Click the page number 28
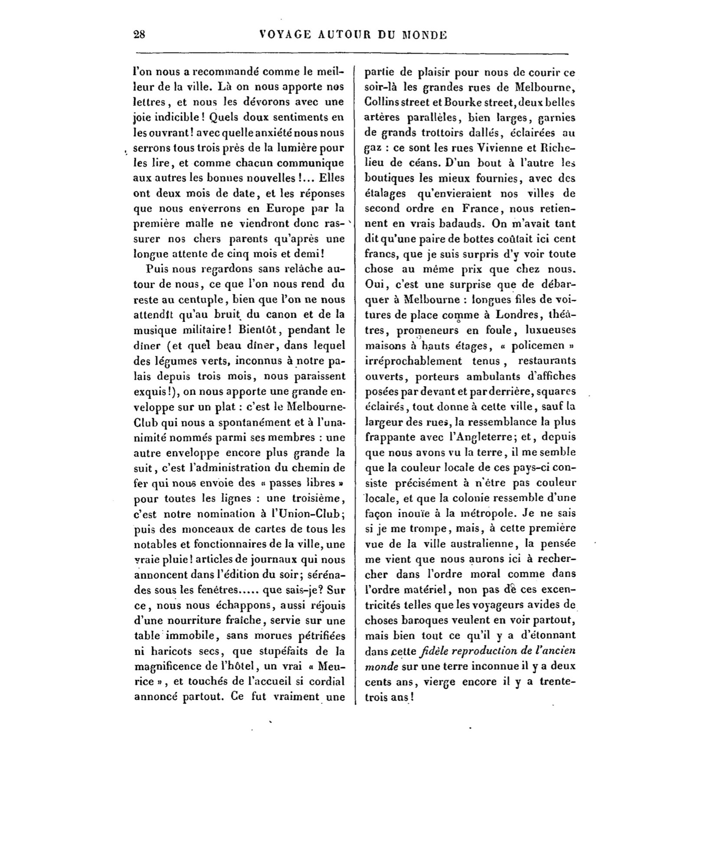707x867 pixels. click(139, 35)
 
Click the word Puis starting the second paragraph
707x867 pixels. click(159, 269)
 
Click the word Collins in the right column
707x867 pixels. click(380, 103)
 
